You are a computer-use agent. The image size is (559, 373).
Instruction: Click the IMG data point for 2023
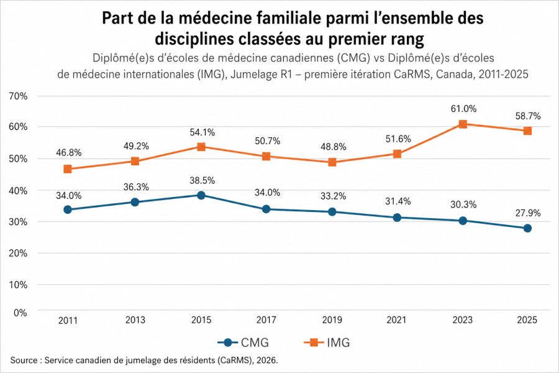coord(462,124)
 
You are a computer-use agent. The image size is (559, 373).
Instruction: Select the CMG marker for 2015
coord(201,195)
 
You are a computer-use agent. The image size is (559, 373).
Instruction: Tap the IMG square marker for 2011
coord(68,169)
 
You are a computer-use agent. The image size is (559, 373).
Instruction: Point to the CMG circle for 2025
coord(527,228)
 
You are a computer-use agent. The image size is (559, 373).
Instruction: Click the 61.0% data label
coord(464,109)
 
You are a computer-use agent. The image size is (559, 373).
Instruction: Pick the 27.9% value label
coord(528,213)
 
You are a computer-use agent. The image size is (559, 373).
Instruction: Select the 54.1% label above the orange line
coord(202,132)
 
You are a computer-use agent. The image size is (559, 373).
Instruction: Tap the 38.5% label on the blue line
coord(202,180)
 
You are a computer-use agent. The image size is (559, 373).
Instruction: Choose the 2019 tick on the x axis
coord(332,320)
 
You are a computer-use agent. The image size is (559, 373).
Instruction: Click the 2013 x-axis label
coord(135,320)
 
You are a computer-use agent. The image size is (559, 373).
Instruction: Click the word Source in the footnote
coord(24,361)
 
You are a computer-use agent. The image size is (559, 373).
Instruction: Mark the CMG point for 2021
coord(398,218)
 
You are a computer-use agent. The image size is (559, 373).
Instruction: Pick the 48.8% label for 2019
coord(332,147)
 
